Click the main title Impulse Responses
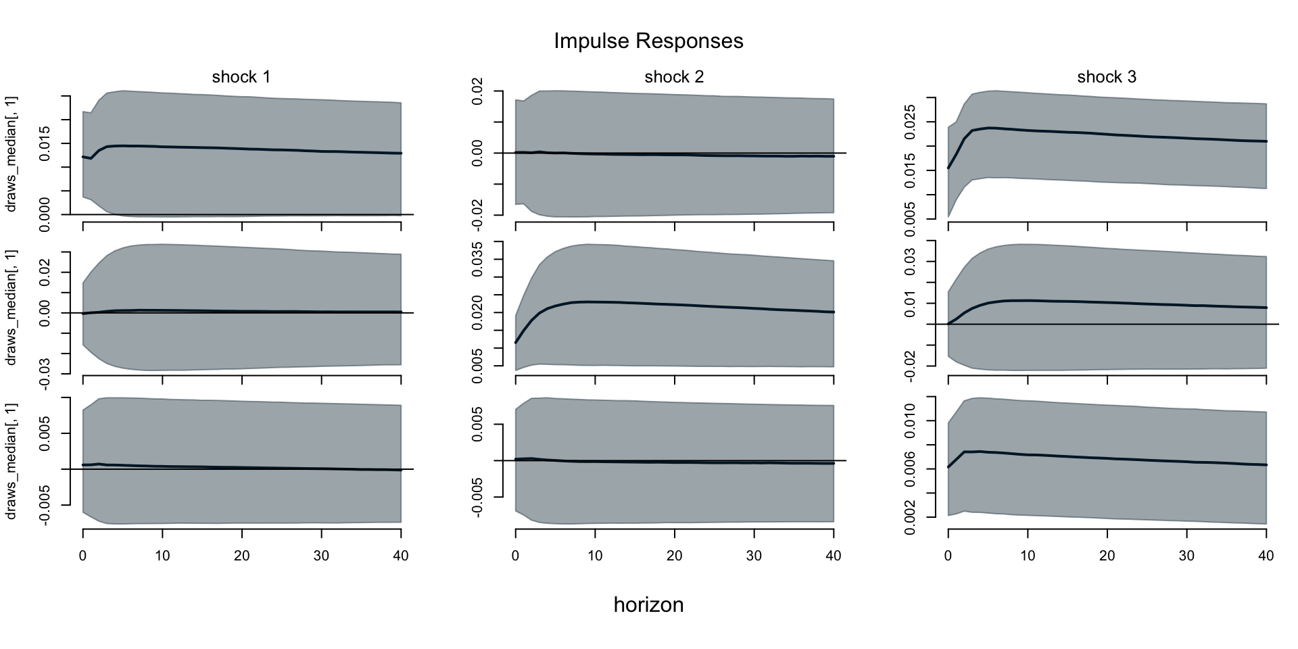click(x=648, y=41)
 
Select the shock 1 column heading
click(x=241, y=77)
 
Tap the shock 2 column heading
click(x=674, y=77)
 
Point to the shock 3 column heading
click(x=1107, y=77)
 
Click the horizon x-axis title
click(x=648, y=604)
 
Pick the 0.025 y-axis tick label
click(x=910, y=122)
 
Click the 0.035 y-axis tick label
click(x=477, y=259)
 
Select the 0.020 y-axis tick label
click(x=477, y=312)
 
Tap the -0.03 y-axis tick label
click(x=45, y=373)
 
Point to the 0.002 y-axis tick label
click(x=910, y=517)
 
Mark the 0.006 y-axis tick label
click(x=910, y=468)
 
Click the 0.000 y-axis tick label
click(x=45, y=215)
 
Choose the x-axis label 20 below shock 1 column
click(x=241, y=556)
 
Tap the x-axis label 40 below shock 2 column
click(x=834, y=556)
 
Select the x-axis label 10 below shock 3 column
click(x=1028, y=556)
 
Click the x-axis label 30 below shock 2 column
click(x=754, y=556)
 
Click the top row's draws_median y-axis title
click(x=11, y=153)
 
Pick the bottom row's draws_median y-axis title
click(x=11, y=461)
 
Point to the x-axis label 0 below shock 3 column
click(x=948, y=556)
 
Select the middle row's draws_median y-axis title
click(x=11, y=308)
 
